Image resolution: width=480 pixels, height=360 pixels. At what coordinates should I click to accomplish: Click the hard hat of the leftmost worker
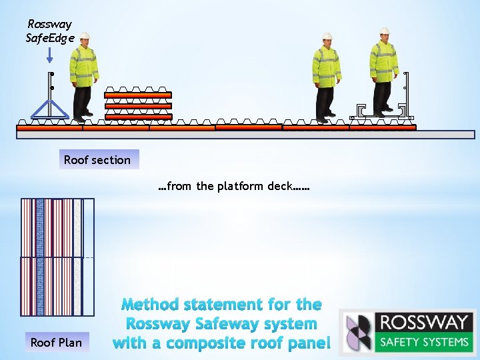(x=85, y=37)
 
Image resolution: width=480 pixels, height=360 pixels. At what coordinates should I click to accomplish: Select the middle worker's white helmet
(x=327, y=37)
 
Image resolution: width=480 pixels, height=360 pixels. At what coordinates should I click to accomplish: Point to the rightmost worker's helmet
(x=385, y=31)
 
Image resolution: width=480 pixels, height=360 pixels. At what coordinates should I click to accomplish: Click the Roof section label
(x=97, y=160)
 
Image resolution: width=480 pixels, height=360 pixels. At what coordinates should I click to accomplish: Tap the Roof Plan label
(x=56, y=343)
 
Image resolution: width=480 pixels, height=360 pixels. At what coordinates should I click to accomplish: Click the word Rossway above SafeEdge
(x=49, y=24)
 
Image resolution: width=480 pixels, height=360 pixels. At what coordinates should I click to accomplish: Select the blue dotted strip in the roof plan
(x=40, y=257)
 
